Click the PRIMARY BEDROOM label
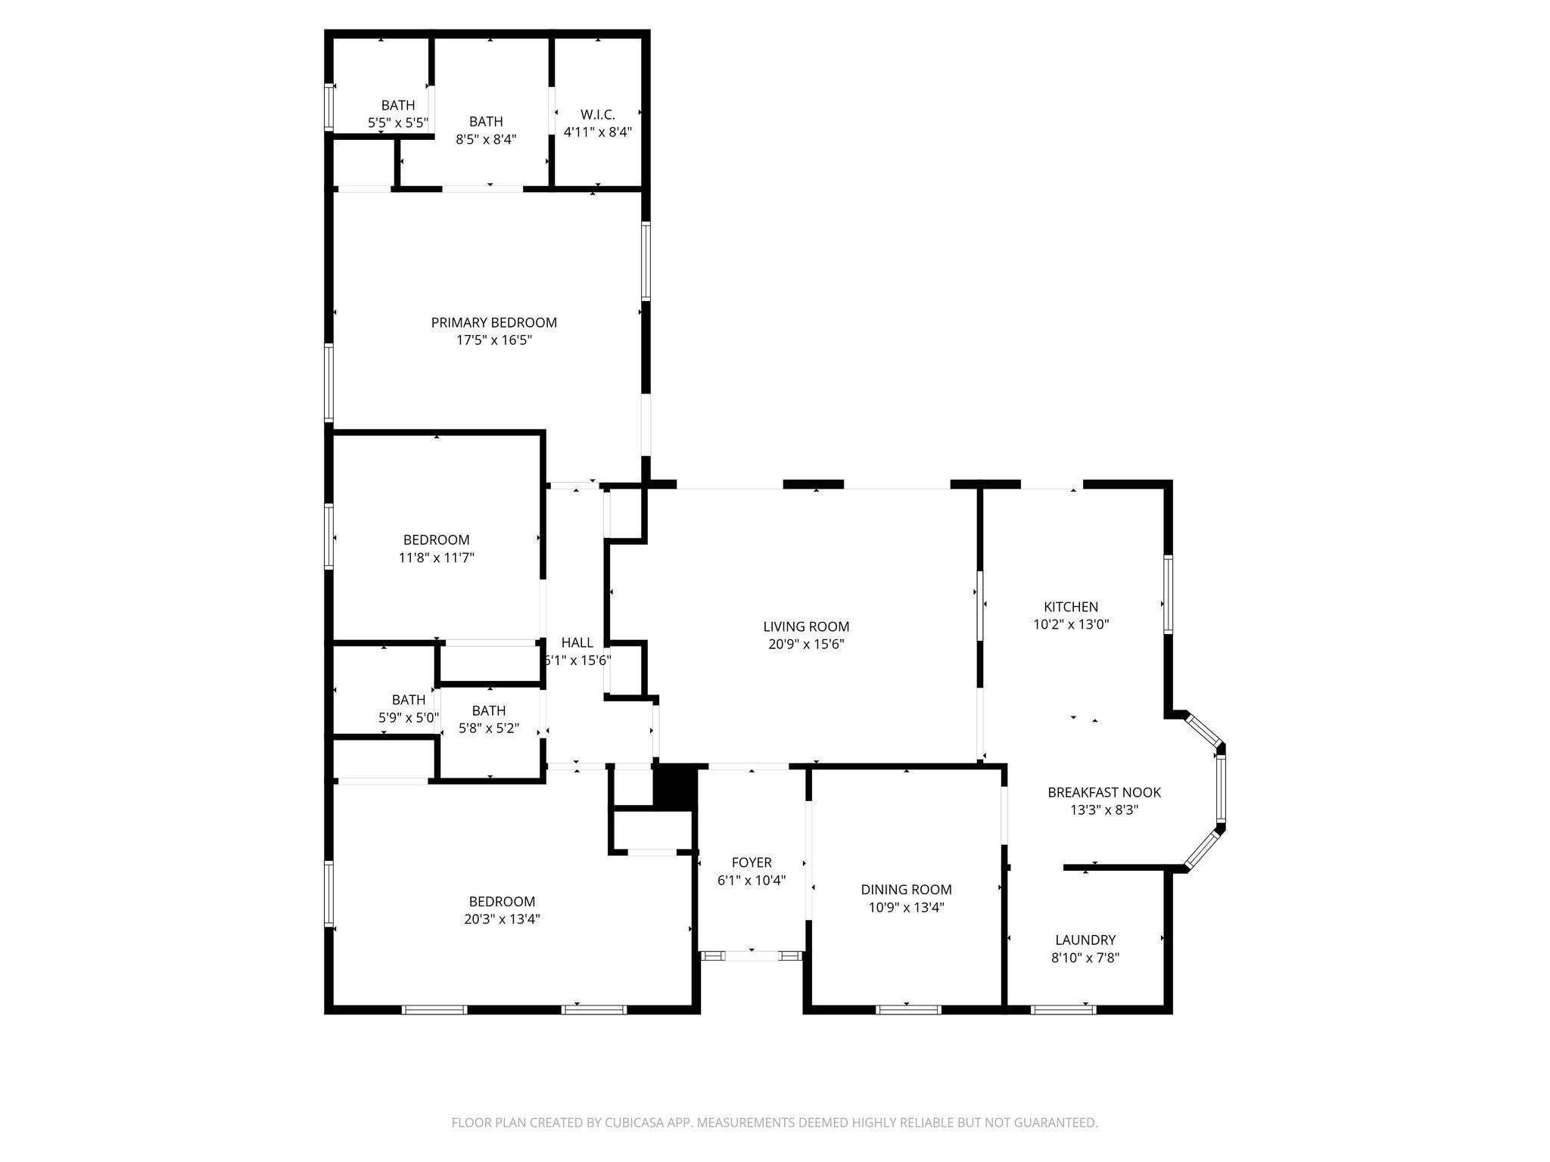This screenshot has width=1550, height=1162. [x=493, y=322]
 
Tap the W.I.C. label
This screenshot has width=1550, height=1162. [x=598, y=114]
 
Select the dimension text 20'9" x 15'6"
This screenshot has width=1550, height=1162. [x=806, y=645]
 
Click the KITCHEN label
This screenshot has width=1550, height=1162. [x=1071, y=607]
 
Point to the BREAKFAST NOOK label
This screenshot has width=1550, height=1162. [x=1104, y=792]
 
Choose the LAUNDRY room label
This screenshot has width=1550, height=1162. [x=1085, y=940]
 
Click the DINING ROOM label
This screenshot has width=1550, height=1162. [x=906, y=890]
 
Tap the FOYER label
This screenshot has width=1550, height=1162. [x=752, y=862]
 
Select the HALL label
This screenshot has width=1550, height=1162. [x=577, y=642]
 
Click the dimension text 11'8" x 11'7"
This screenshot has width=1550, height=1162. [x=437, y=558]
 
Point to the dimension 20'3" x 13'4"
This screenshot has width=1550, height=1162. [x=503, y=919]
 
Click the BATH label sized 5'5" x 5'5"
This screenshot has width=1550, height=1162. [x=398, y=105]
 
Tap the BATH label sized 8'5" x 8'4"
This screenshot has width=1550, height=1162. [x=486, y=121]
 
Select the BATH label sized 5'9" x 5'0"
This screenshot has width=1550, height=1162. [x=409, y=700]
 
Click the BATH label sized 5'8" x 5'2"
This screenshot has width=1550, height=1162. [x=489, y=710]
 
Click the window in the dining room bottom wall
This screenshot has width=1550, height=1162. [x=908, y=1008]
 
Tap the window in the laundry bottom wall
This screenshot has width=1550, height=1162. [x=1063, y=1008]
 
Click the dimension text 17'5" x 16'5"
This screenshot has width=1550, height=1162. [x=493, y=340]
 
